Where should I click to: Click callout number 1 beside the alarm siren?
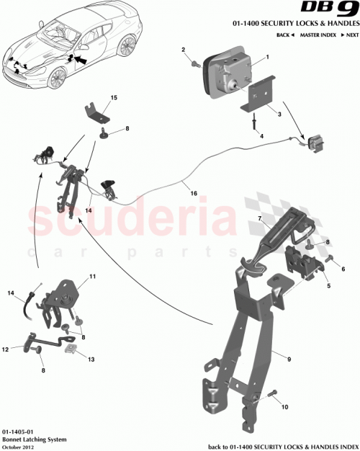click(267, 56)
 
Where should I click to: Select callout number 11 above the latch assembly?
click(92, 277)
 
